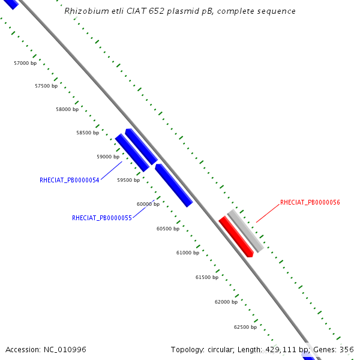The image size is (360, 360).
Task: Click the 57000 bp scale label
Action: pos(25,63)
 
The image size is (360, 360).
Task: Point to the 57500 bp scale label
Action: pos(46,86)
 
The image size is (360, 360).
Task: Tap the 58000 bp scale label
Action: pos(67,110)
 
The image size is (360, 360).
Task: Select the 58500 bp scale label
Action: pos(88,133)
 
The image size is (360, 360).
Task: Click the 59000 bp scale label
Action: pos(108,157)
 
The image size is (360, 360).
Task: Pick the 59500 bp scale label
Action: pos(128,180)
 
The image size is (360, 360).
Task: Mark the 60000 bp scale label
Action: pos(148,204)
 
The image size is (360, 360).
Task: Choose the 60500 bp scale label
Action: pos(168,229)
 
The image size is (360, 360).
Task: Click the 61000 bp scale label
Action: pos(188,253)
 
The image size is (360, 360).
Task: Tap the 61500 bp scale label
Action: pos(207,277)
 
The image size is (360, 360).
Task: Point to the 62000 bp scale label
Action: pos(226,302)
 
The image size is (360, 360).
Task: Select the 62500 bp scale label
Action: pos(245,327)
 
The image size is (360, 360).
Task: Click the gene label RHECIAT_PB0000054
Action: pos(70,180)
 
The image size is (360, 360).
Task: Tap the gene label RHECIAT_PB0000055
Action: pos(102,218)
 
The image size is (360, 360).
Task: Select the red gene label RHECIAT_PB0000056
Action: pos(310,203)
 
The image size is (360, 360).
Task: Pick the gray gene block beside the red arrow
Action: pos(245,230)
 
